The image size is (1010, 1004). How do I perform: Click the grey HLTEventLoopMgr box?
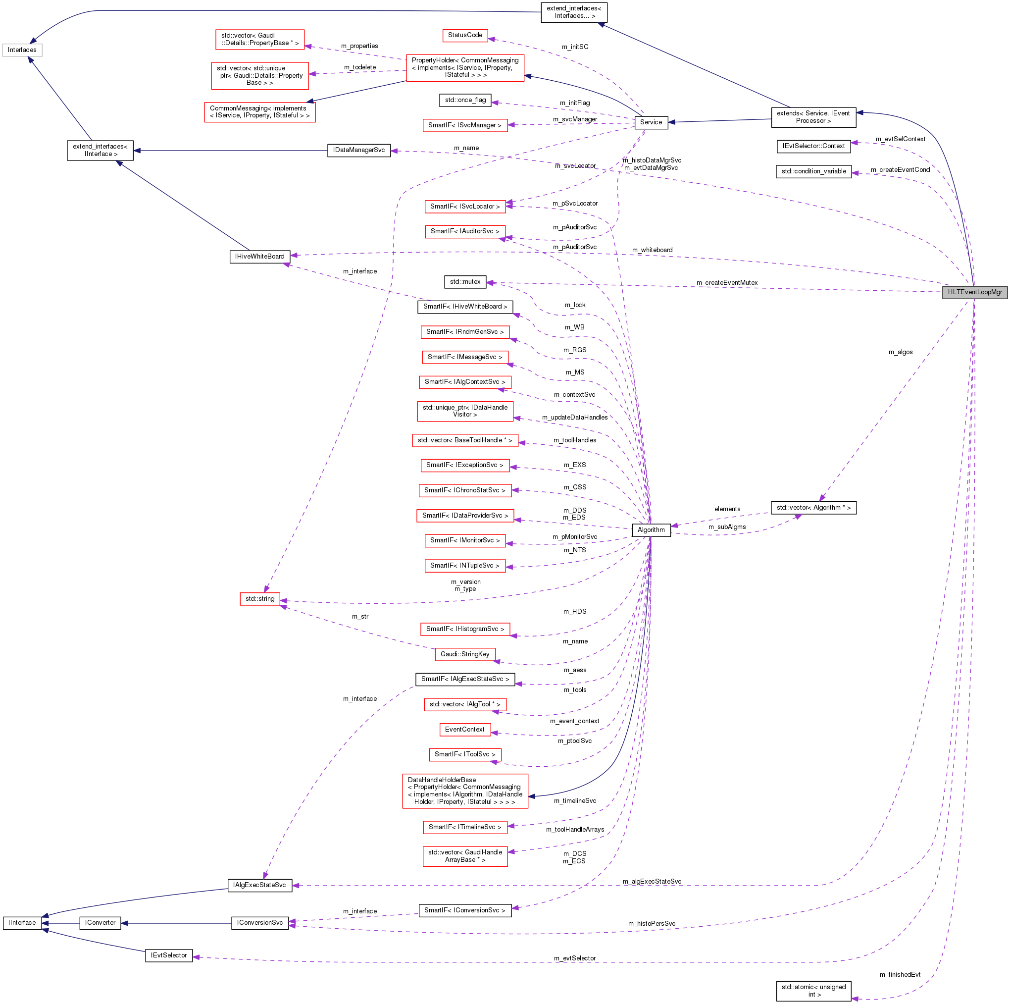974,292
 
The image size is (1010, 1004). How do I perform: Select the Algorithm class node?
651,529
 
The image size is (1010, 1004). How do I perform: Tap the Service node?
651,122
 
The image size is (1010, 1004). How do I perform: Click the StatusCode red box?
465,35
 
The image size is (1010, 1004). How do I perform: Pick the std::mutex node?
465,282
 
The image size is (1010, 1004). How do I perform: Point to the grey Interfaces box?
22,50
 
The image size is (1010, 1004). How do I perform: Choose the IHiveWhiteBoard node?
260,257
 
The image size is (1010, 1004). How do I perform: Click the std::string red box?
260,599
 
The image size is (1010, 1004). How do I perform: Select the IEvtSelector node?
168,955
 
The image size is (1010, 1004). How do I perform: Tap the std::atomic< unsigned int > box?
813,991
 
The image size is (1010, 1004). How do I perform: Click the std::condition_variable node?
813,171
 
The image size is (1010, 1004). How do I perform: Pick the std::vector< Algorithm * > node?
813,508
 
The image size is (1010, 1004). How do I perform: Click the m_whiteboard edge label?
652,250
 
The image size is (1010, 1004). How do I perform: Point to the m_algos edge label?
900,352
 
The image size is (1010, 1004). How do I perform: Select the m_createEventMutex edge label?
727,283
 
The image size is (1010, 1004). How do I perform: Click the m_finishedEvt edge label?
900,974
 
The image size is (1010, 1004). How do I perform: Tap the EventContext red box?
465,730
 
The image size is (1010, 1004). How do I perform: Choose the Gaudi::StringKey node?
465,654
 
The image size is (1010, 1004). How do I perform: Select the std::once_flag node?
465,100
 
